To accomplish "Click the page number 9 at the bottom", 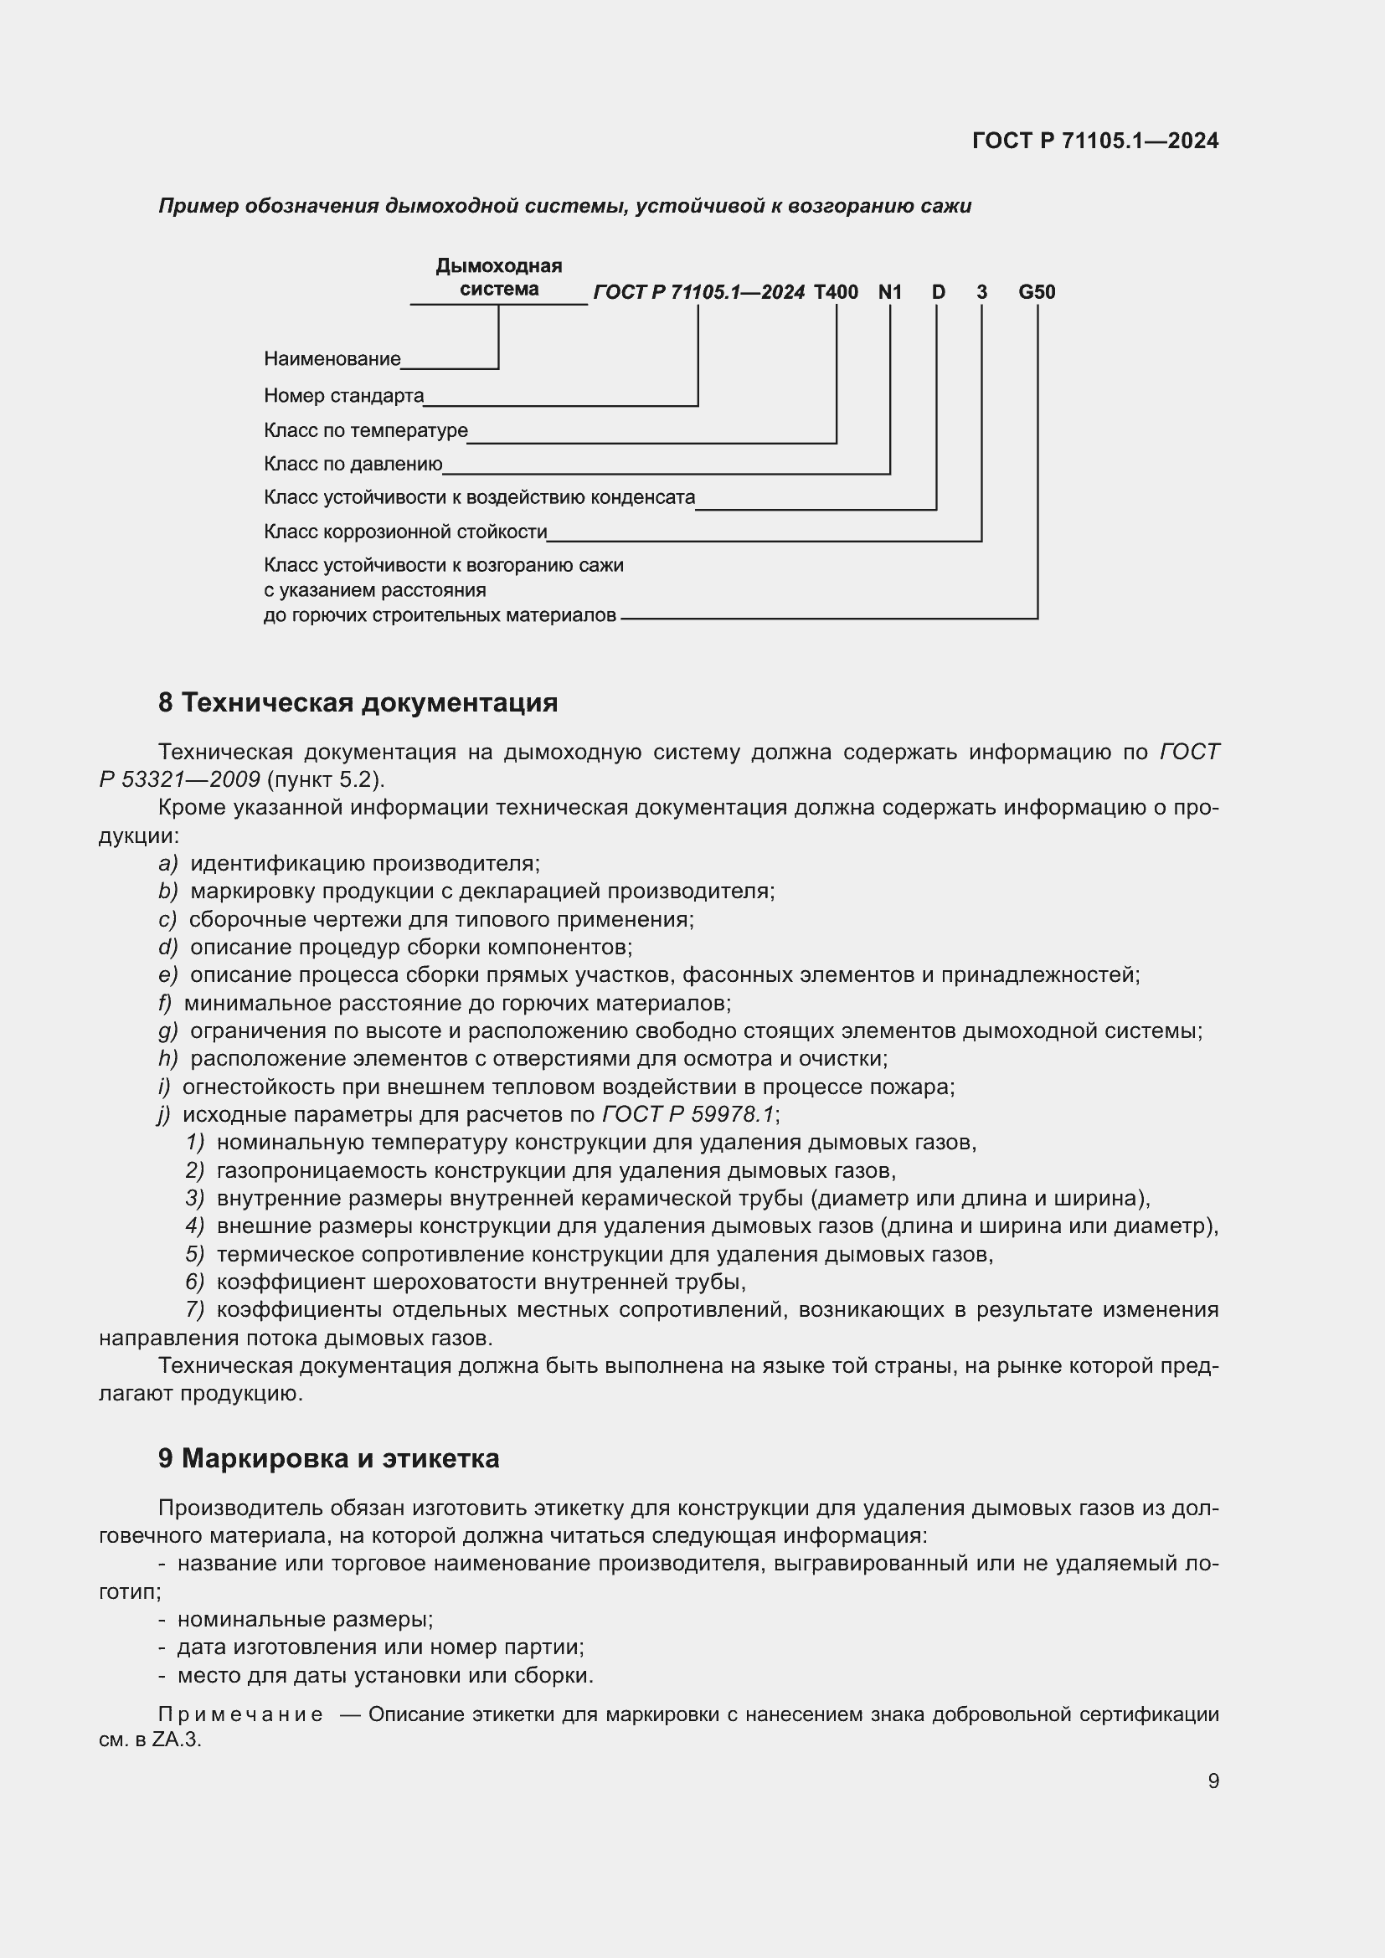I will (x=1213, y=1781).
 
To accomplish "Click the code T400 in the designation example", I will (x=836, y=292).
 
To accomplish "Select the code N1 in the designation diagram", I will (x=889, y=292).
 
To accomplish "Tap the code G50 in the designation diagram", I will (x=1036, y=292).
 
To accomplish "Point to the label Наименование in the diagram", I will (x=332, y=359).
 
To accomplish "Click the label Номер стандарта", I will (x=343, y=396).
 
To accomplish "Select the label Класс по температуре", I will (x=366, y=430).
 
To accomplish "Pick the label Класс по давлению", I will (x=353, y=465).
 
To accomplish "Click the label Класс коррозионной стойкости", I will (x=405, y=532).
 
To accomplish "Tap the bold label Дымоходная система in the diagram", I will (x=499, y=278).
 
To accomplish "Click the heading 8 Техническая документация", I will (x=358, y=702).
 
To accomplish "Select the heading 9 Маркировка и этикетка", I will (x=328, y=1458).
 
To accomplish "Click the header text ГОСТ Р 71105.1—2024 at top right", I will (x=1095, y=141).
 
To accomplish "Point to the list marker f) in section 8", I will (x=166, y=1003).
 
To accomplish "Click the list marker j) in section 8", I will (x=165, y=1114).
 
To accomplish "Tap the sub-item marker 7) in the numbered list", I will (x=194, y=1309).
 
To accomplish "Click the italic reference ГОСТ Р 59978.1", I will (x=688, y=1114).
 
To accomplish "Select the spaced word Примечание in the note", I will (x=240, y=1714).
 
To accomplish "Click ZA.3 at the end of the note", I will (x=177, y=1740).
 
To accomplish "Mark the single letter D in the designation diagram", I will (x=938, y=292).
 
